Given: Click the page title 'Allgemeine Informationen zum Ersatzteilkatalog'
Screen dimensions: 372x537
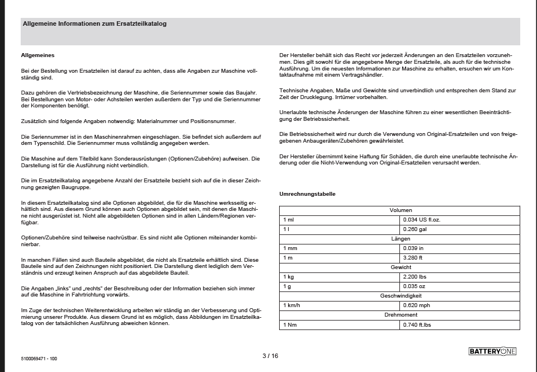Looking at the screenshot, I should point(94,24).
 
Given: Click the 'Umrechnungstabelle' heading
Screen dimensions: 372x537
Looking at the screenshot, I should point(307,194).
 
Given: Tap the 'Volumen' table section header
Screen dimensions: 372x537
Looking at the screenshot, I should point(400,210).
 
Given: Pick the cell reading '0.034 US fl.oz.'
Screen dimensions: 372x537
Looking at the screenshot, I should point(422,220).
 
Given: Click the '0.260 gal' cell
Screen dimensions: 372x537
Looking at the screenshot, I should point(415,229).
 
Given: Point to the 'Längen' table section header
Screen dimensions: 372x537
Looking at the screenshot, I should point(400,239).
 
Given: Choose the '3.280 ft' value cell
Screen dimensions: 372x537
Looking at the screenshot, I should point(413,258).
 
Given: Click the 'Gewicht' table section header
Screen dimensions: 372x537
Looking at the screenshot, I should point(400,267).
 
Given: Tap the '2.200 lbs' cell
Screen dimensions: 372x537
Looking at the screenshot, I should point(415,277).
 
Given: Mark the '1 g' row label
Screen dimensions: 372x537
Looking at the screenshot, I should point(287,286).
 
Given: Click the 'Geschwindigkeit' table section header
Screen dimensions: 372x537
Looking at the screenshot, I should point(400,296).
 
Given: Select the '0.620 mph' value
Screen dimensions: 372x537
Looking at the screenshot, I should point(417,306).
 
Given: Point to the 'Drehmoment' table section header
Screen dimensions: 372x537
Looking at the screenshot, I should point(400,316).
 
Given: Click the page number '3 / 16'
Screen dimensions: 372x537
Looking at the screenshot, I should point(270,356).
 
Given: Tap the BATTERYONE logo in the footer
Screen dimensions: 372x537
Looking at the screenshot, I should point(492,351).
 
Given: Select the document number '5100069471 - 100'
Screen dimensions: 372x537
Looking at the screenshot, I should point(39,359).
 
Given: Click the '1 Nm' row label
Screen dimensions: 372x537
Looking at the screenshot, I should point(290,325).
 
